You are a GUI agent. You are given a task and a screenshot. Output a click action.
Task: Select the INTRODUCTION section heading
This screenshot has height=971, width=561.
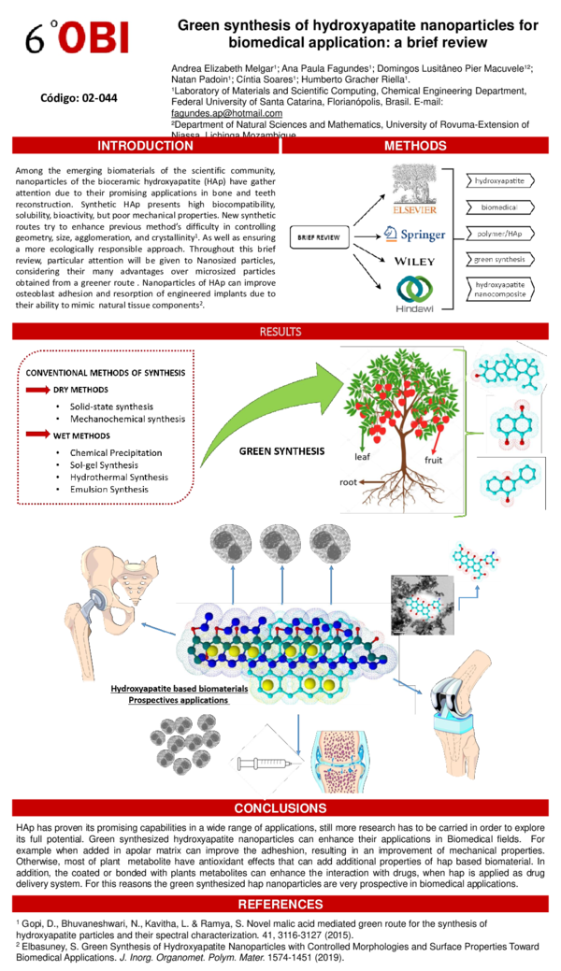tap(146, 146)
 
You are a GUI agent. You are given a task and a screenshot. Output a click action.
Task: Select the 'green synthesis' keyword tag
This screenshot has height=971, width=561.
tap(499, 258)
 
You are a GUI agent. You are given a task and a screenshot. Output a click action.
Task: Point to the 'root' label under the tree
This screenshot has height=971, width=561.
tap(348, 483)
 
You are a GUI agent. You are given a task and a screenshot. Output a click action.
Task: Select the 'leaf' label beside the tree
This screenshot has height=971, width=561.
tap(363, 458)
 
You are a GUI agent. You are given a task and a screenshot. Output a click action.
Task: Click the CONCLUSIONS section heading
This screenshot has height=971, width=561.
tap(280, 807)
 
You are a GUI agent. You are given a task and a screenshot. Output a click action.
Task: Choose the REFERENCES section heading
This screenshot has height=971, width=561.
tap(280, 904)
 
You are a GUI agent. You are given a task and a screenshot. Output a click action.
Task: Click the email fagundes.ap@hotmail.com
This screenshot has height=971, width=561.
tap(226, 113)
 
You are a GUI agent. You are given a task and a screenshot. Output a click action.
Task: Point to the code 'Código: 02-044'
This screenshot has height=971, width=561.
tap(79, 97)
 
